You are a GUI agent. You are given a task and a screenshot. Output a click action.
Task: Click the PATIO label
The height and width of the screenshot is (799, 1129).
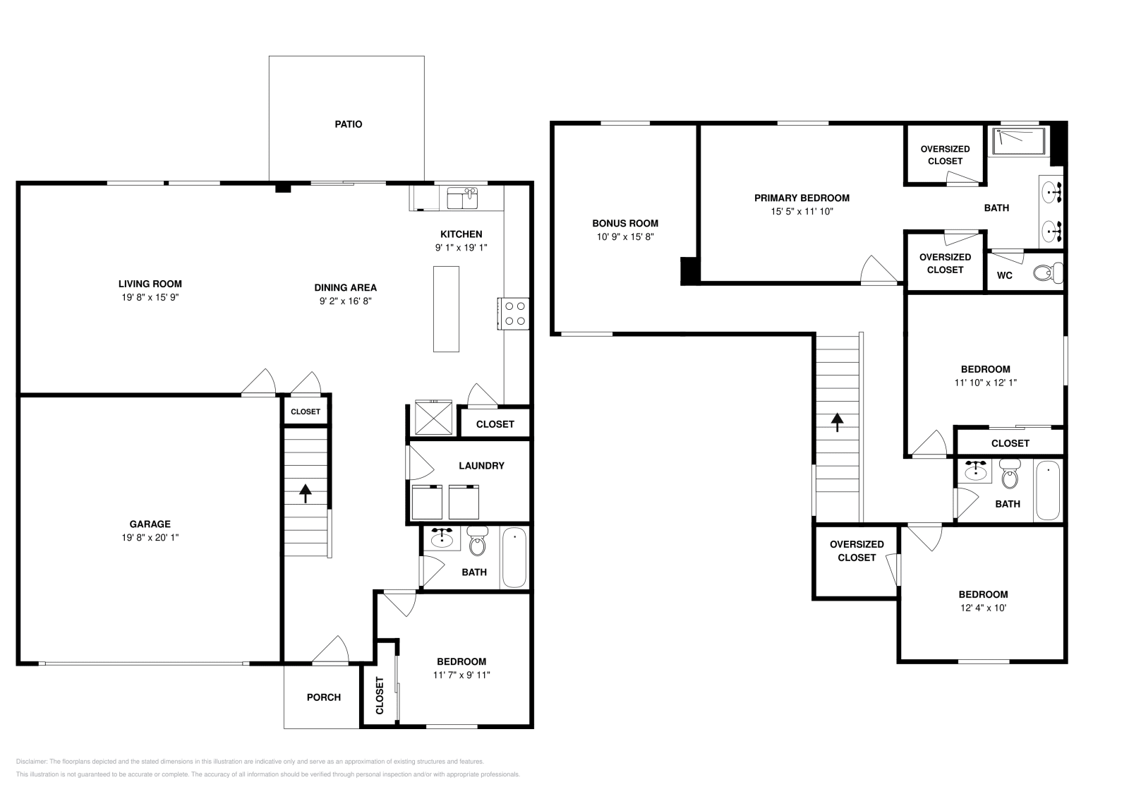click(348, 124)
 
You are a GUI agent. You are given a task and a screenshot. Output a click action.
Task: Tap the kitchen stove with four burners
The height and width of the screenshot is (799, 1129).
click(514, 313)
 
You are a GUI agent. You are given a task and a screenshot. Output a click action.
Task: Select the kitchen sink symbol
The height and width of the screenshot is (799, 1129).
click(462, 198)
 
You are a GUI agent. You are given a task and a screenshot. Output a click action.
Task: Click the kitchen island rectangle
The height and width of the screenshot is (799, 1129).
click(446, 308)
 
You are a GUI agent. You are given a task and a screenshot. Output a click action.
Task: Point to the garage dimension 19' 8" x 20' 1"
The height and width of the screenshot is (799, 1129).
click(150, 537)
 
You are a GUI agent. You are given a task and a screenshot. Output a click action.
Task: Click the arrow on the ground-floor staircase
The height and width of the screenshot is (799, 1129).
click(306, 493)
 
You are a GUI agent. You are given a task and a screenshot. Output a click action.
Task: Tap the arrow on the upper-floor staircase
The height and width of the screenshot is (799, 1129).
click(838, 422)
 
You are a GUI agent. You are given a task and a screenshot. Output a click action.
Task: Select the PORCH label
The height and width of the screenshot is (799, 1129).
click(324, 697)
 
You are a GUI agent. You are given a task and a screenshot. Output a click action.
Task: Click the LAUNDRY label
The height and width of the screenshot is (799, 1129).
click(481, 466)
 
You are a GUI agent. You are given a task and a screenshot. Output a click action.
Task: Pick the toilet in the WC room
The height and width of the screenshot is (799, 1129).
click(1049, 272)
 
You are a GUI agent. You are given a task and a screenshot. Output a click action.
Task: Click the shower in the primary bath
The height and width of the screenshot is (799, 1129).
click(1018, 140)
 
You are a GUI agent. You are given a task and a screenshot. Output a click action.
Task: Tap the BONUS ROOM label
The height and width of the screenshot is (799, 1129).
click(625, 223)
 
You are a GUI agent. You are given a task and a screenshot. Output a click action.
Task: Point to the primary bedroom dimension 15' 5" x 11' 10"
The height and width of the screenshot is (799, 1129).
click(802, 211)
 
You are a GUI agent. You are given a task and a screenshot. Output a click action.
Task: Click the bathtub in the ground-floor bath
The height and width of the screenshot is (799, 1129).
click(514, 558)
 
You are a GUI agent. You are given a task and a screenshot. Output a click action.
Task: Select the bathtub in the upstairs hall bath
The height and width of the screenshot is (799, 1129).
click(1048, 490)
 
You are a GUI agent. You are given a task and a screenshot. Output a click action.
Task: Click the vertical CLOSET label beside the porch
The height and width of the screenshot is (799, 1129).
click(380, 695)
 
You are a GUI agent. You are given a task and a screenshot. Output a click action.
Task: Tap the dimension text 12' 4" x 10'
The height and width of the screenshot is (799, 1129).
click(983, 608)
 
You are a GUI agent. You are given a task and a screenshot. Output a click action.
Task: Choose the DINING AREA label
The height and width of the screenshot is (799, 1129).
click(346, 287)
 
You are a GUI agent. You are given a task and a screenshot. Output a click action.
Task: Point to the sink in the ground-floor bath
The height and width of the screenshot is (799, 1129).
click(442, 539)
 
